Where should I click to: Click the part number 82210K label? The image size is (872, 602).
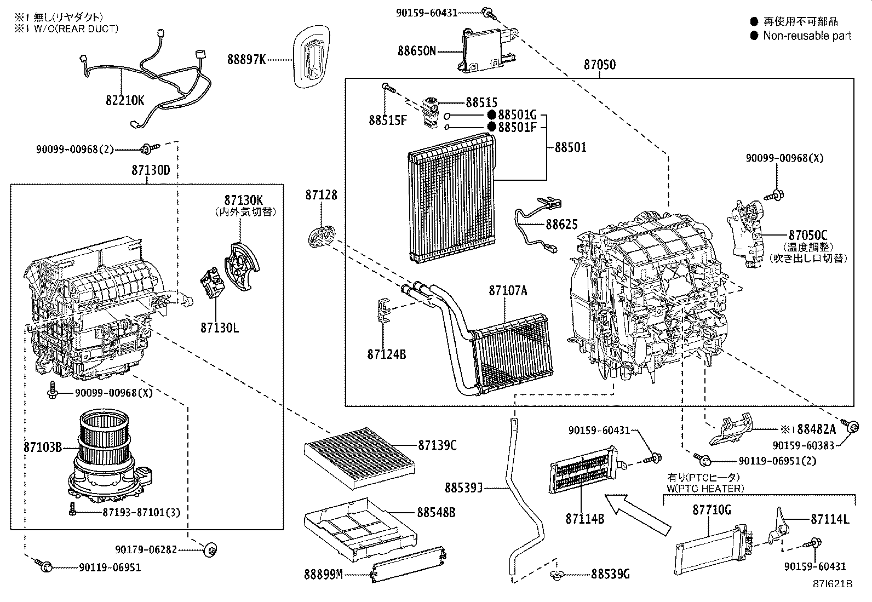pos(125,100)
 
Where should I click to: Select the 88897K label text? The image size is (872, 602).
pos(246,59)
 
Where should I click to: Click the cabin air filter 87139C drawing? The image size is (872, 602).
pos(359,460)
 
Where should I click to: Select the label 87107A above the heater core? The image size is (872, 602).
pos(508,291)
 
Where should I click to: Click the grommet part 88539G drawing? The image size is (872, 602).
pos(557,575)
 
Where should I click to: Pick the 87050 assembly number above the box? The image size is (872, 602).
pos(599,65)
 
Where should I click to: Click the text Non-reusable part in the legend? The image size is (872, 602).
pos(807,36)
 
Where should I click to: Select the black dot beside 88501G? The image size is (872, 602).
pos(491,115)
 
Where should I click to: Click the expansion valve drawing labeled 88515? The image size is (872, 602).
pos(430,112)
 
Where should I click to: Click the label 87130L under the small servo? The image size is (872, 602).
pos(219,328)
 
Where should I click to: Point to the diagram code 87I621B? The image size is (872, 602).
pos(833,584)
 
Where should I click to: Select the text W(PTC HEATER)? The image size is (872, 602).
pos(705,488)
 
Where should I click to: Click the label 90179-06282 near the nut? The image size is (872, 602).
pos(146,549)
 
